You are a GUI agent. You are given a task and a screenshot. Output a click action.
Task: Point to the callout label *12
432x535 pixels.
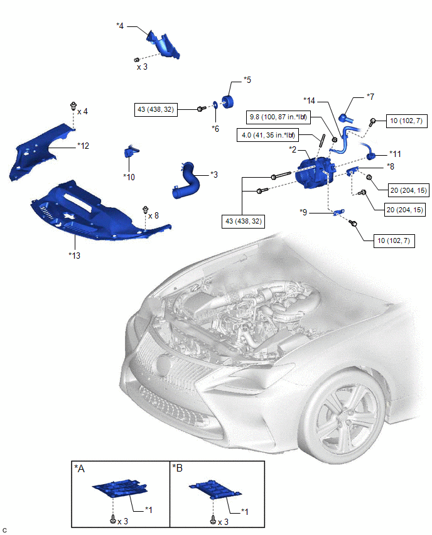pyautogui.click(x=84, y=145)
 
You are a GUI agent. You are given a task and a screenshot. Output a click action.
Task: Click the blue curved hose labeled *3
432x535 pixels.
pyautogui.click(x=186, y=181)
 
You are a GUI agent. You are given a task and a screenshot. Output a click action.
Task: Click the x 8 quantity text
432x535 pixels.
pyautogui.click(x=153, y=215)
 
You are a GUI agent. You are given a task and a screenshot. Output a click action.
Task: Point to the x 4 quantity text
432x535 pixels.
pyautogui.click(x=82, y=111)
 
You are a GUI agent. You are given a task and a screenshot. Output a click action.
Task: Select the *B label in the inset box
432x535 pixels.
pyautogui.click(x=180, y=468)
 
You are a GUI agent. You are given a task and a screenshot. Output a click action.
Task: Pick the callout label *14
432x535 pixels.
pyautogui.click(x=310, y=100)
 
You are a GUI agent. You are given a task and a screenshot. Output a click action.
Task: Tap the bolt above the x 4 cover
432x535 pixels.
pyautogui.click(x=74, y=105)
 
